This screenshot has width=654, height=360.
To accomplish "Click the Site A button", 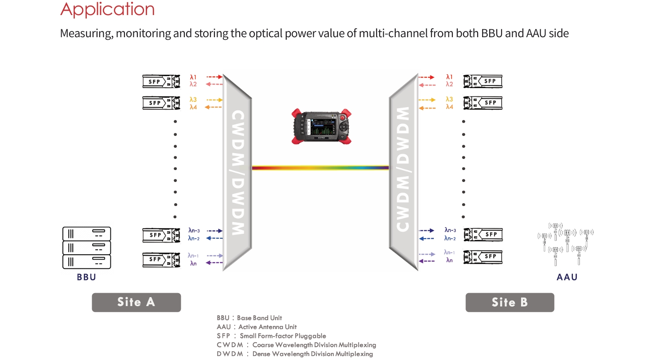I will pyautogui.click(x=136, y=302).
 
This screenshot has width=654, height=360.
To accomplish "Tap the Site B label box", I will pyautogui.click(x=510, y=302).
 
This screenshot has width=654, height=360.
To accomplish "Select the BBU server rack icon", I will pyautogui.click(x=86, y=248).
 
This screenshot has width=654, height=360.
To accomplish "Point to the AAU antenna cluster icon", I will pyautogui.click(x=566, y=244).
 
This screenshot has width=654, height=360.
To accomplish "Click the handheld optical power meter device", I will pyautogui.click(x=321, y=127).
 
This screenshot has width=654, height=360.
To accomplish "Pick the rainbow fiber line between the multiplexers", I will pyautogui.click(x=320, y=168).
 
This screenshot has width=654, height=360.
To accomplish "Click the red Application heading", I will pyautogui.click(x=108, y=9).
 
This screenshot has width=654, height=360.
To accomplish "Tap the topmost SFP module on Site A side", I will pyautogui.click(x=161, y=81).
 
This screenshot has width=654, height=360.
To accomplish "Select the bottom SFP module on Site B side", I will pyautogui.click(x=483, y=257).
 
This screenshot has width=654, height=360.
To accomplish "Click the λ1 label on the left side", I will pyautogui.click(x=193, y=77).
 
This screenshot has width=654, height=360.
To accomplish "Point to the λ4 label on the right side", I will pyautogui.click(x=449, y=107).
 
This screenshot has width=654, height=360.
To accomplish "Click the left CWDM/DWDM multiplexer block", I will pyautogui.click(x=237, y=172).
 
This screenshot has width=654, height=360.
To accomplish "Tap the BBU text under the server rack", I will pyautogui.click(x=86, y=277).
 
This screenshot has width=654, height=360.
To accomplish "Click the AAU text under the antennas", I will pyautogui.click(x=567, y=277).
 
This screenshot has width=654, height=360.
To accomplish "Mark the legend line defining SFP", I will pyautogui.click(x=271, y=336).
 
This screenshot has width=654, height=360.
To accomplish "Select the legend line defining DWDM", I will pyautogui.click(x=295, y=354).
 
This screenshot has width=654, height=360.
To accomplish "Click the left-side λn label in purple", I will pyautogui.click(x=194, y=263).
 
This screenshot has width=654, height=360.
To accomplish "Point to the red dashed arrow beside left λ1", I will pyautogui.click(x=214, y=77).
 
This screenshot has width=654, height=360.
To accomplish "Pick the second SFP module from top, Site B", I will pyautogui.click(x=483, y=103).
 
